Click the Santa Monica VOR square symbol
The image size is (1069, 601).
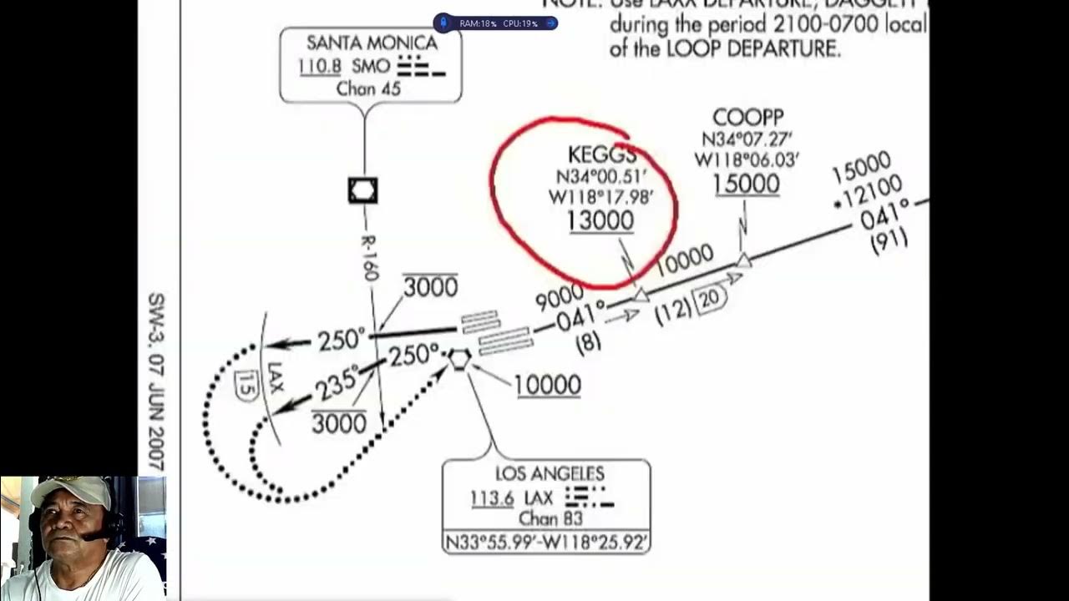tap(362, 191)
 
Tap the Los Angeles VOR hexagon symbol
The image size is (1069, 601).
tap(459, 359)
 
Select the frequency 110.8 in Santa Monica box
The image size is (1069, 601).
tap(320, 67)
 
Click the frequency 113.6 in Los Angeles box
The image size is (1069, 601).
tap(492, 498)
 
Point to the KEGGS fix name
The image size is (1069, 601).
tap(601, 154)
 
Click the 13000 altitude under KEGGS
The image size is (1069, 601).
tap(600, 220)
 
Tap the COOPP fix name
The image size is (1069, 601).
tap(747, 118)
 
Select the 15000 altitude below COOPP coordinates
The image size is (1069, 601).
tap(747, 184)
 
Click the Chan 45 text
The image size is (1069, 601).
tap(368, 88)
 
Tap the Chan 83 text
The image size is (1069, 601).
tap(550, 519)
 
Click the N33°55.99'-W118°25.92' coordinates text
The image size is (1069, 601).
tap(546, 543)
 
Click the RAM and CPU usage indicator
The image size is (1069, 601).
tap(496, 23)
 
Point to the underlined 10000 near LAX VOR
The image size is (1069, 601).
tap(547, 385)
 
